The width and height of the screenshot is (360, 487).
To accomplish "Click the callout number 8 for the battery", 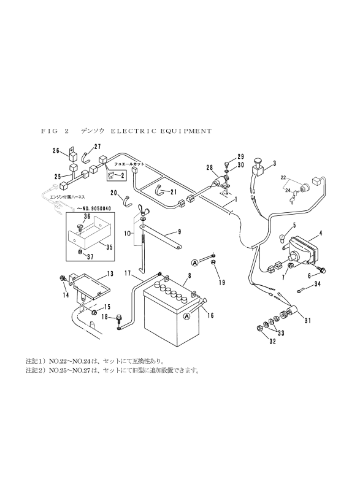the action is point(189,275).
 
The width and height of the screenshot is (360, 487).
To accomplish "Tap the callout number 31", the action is point(307,321).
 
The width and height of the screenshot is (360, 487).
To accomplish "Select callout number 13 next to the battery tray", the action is point(110,274).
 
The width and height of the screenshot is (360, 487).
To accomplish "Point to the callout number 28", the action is point(210,167).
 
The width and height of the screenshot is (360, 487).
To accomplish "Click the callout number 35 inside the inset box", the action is point(109,247).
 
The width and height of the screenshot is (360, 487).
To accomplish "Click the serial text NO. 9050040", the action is point(95,208).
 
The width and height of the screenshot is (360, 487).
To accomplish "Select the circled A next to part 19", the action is point(195,263).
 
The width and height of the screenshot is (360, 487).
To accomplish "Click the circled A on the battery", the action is point(186,316).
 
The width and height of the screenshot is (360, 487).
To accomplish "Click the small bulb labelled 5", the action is point(282,239).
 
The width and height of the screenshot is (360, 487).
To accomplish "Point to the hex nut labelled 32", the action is point(259,328).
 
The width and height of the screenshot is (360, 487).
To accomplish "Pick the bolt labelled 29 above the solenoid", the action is point(226,163).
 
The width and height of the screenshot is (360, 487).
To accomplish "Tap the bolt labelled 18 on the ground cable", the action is point(119,318).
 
